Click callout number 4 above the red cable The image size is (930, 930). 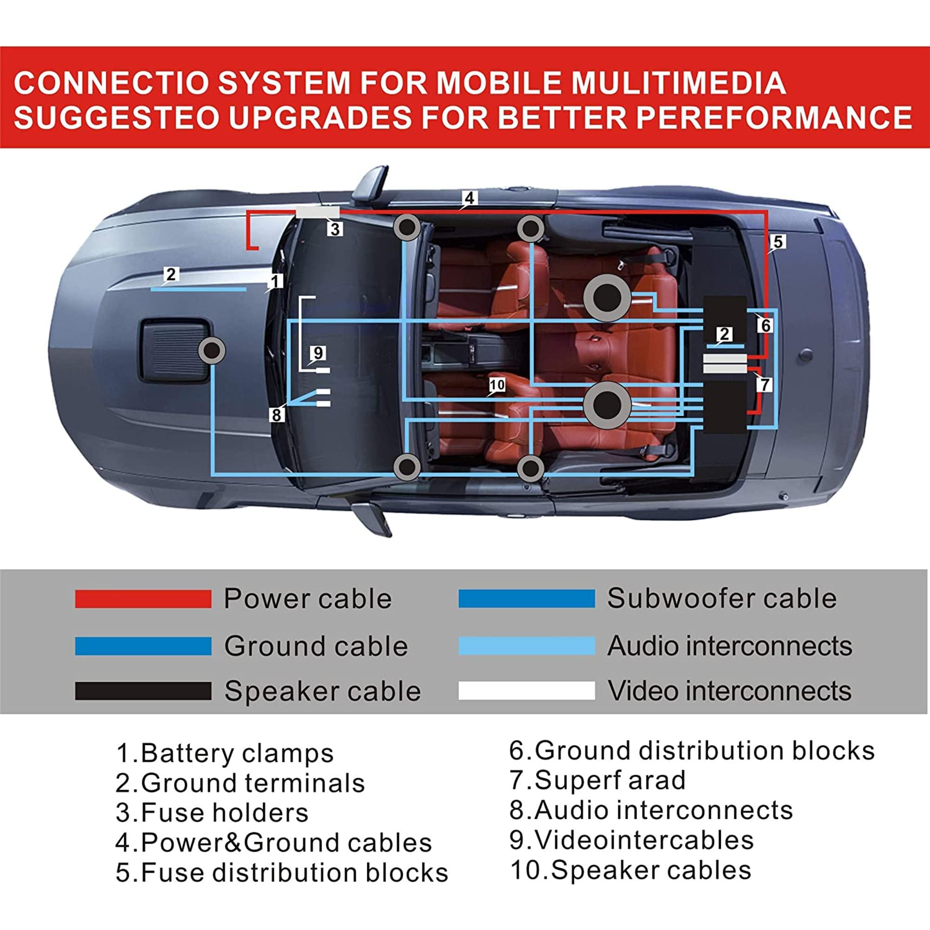[x=469, y=198]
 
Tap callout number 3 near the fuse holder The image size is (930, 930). [x=335, y=229]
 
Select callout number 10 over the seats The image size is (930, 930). [x=497, y=385]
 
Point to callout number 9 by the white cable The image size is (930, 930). [x=318, y=353]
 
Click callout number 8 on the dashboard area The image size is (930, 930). [x=276, y=414]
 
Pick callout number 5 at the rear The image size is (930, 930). [x=778, y=242]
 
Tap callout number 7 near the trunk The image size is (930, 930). [x=764, y=385]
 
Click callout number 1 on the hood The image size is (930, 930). [x=275, y=281]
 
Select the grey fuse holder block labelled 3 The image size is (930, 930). [x=317, y=213]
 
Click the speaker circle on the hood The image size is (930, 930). [x=212, y=351]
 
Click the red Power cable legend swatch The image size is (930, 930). [x=143, y=599]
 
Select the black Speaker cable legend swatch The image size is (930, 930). [x=143, y=691]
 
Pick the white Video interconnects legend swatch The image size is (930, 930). [x=527, y=691]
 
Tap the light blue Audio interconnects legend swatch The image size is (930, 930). [x=527, y=645]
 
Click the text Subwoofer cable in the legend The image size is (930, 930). [x=722, y=598]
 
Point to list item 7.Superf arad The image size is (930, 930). [x=598, y=780]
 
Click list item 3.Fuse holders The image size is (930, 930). [x=212, y=812]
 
